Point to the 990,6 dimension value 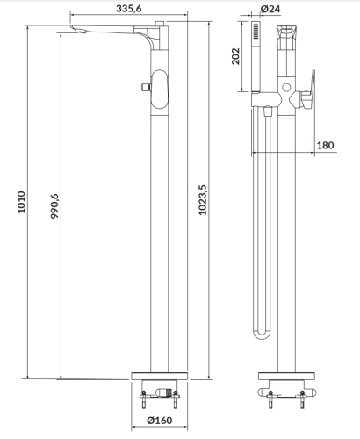click(54, 206)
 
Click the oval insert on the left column click(158, 90)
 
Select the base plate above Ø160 click(159, 375)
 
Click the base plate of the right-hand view click(286, 375)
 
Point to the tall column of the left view click(159, 237)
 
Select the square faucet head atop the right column click(286, 41)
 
